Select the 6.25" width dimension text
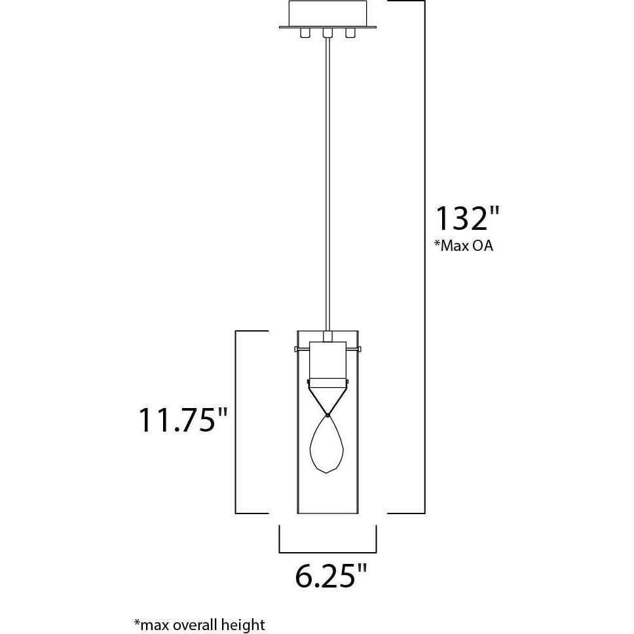(x=330, y=576)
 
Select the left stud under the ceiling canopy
(x=305, y=33)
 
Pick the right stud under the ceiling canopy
(x=351, y=33)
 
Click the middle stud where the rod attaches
(x=328, y=33)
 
